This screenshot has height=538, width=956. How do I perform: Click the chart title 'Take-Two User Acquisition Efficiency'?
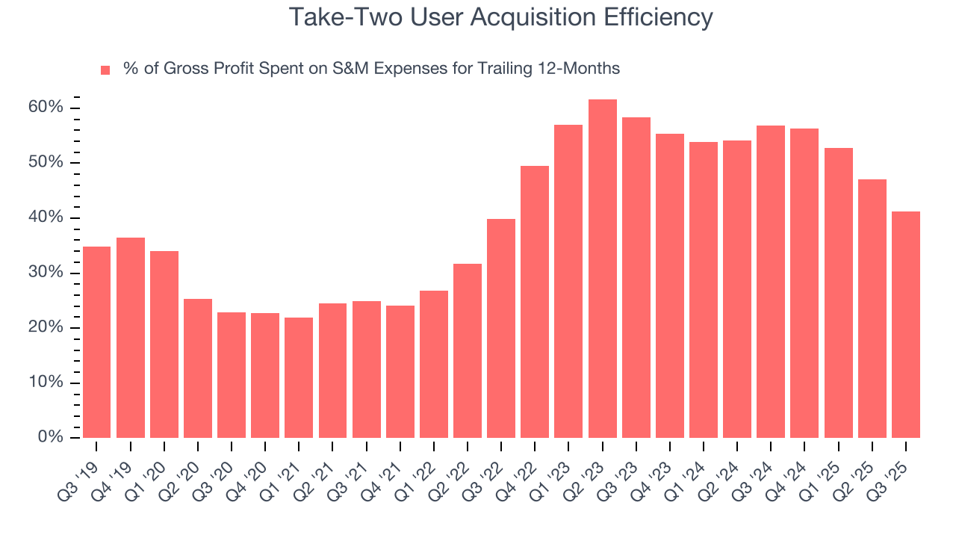click(x=500, y=16)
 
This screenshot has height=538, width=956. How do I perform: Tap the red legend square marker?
click(x=105, y=69)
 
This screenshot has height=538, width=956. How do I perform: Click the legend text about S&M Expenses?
click(x=371, y=69)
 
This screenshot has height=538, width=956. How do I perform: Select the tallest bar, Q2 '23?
click(x=602, y=269)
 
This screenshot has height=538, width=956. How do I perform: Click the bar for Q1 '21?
click(x=299, y=377)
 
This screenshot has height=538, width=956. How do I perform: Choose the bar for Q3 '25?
click(x=905, y=324)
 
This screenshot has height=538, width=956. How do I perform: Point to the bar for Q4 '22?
click(x=535, y=302)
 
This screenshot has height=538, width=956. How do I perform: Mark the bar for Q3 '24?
click(x=771, y=282)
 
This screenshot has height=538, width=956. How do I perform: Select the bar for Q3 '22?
click(x=501, y=328)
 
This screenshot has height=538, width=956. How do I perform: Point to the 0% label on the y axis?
click(x=52, y=437)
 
